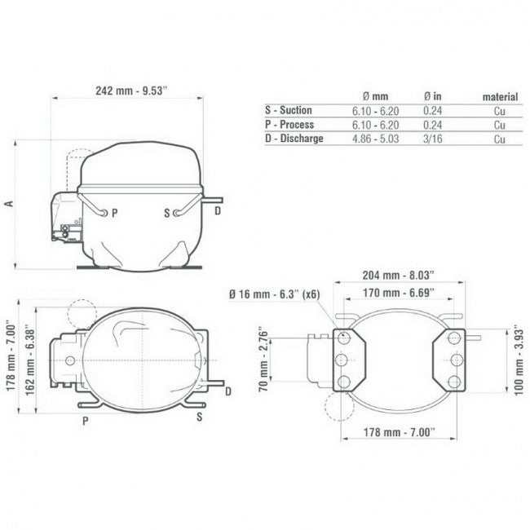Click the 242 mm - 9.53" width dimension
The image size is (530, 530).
pos(131,91)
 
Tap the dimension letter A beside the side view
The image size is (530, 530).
pos(9,204)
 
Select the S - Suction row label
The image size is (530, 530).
pos(289,110)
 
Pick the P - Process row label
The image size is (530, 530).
pos(289,125)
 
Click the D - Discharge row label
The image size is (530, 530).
pos(294,139)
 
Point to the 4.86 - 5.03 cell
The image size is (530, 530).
pos(376,139)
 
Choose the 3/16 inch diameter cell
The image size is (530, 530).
pos(433,139)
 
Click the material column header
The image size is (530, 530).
pos(500,97)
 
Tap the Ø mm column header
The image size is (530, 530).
pos(375,97)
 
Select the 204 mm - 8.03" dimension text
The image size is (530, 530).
pos(398,275)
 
